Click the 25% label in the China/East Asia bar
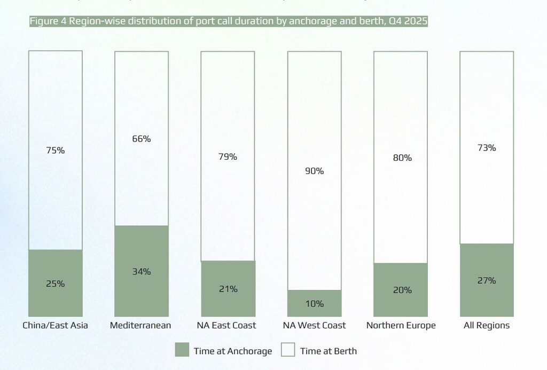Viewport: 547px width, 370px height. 55,284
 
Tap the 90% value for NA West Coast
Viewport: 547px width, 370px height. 315,171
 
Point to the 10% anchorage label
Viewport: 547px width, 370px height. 315,303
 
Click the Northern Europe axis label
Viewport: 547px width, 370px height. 401,325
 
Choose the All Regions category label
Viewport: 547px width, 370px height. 487,325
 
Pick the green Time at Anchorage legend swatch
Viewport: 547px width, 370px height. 182,350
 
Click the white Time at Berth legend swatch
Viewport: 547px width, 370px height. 288,350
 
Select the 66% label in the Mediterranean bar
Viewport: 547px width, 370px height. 142,139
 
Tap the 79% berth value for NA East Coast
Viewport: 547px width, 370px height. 228,157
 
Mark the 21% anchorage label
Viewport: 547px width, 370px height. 228,289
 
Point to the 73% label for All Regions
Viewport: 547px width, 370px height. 487,147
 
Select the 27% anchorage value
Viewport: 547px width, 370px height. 487,280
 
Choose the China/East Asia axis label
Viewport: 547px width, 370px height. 55,325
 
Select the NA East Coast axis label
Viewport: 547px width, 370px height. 228,325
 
